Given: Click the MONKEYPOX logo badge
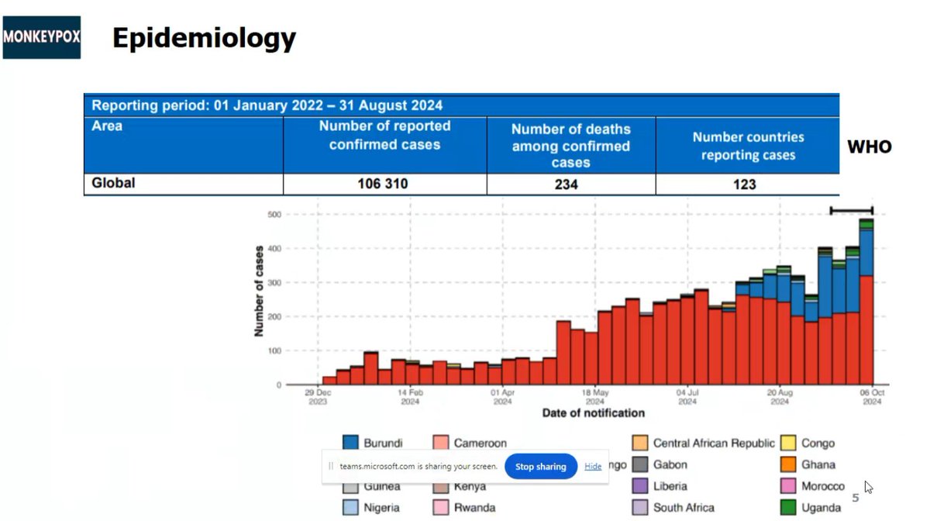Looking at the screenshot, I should [42, 36].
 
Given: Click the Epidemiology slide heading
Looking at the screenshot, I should [204, 37].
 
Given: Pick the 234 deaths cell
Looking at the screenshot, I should [570, 184].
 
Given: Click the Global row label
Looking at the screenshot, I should [113, 184].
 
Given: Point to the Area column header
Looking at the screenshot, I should [107, 126].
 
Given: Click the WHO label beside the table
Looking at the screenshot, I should [869, 147].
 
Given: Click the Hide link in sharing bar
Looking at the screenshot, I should [593, 466].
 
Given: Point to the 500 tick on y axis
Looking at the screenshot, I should [273, 214].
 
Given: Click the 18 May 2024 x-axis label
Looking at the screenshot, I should [595, 396].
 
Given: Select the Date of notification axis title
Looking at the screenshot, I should [593, 412].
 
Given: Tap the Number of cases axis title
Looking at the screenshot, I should [259, 291].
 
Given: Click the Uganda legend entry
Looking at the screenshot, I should [821, 508].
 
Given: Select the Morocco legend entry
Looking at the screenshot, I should [823, 486].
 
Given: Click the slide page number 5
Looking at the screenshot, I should [856, 498].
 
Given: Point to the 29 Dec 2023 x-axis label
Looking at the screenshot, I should [318, 396].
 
